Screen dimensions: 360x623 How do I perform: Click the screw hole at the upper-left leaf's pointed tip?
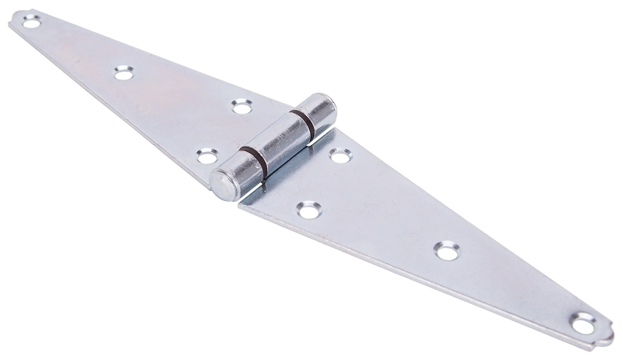tap(31, 23)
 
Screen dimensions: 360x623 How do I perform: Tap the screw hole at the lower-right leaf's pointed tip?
tap(584, 322)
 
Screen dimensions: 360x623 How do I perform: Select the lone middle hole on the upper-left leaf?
tap(123, 72)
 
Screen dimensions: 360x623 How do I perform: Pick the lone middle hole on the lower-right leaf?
tap(447, 250)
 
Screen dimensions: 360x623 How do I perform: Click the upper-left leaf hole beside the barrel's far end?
tap(242, 105)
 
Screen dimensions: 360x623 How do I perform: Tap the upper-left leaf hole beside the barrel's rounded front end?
tap(206, 156)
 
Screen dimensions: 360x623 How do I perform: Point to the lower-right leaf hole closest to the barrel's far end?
tap(340, 155)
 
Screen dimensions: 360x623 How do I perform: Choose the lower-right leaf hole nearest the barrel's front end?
tap(309, 209)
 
